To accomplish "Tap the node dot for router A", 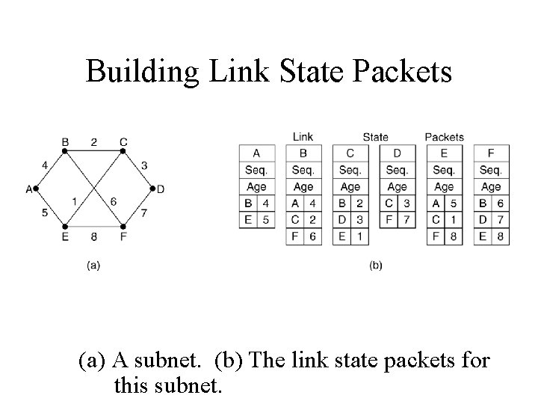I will pyautogui.click(x=37, y=189).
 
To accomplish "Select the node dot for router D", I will pyautogui.click(x=152, y=189).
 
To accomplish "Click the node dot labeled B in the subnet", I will pyautogui.click(x=65, y=151).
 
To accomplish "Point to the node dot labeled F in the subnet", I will pyautogui.click(x=123, y=226).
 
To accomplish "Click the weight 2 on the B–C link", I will pyautogui.click(x=94, y=141).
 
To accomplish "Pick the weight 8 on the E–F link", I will pyautogui.click(x=94, y=236).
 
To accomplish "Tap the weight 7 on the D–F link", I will pyautogui.click(x=143, y=213).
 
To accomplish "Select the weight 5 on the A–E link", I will pyautogui.click(x=44, y=213).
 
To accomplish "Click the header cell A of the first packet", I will pyautogui.click(x=256, y=153).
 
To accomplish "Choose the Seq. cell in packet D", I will pyautogui.click(x=398, y=170).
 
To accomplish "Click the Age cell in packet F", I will pyautogui.click(x=491, y=187).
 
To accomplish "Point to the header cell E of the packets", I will pyautogui.click(x=444, y=153).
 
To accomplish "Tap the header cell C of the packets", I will pyautogui.click(x=350, y=153).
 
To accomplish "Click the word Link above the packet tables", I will pyautogui.click(x=303, y=137).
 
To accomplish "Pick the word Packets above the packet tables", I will pyautogui.click(x=444, y=137).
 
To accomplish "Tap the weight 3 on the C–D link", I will pyautogui.click(x=143, y=165).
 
